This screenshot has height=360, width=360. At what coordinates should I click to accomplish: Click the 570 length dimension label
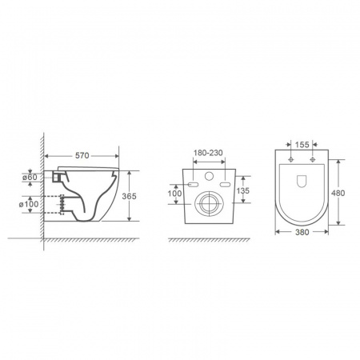click(82, 155)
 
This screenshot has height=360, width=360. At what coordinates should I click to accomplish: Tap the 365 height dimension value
click(129, 196)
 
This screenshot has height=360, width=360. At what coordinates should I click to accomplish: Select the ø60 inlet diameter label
click(30, 177)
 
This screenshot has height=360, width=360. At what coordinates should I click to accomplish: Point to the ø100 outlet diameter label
click(29, 205)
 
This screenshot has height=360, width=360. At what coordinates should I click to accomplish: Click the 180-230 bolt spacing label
click(208, 153)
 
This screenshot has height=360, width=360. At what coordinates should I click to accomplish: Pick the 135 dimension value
click(243, 190)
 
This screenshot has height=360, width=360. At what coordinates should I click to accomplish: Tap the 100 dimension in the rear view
click(174, 194)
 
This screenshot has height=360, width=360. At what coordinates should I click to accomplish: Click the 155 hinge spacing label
click(302, 145)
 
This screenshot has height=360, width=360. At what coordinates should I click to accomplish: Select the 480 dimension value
click(338, 193)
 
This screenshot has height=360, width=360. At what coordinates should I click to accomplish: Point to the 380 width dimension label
click(302, 232)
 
